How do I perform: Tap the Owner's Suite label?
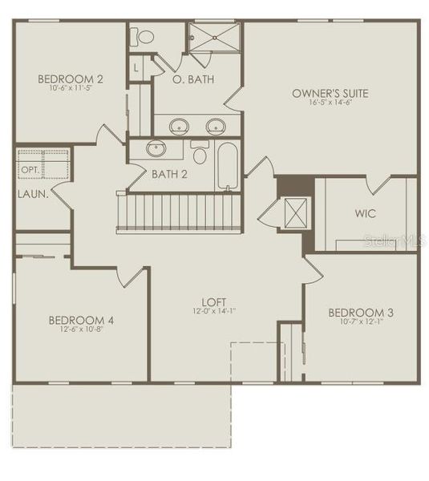point(330,93)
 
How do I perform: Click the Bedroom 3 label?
point(361,312)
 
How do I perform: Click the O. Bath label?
point(193,79)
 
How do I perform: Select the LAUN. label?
point(33,193)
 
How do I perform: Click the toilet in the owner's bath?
point(145,37)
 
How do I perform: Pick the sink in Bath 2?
point(156,148)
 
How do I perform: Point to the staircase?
point(180,212)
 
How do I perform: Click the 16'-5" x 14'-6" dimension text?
point(330,103)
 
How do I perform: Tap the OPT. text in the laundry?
point(30,170)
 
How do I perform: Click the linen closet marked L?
point(137,68)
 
